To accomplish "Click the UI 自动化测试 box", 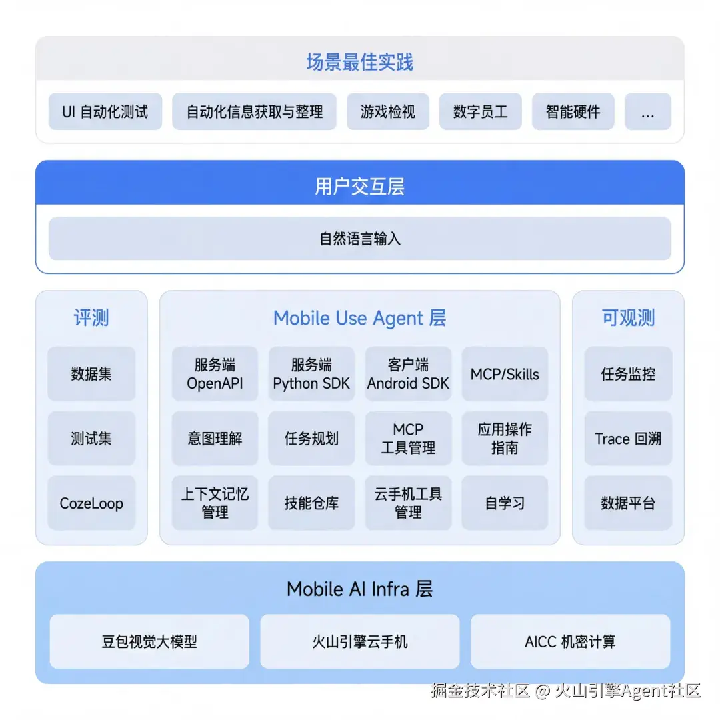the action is pos(105,111).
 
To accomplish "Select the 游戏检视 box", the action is pos(388,111).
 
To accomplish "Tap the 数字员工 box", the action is pos(480,111).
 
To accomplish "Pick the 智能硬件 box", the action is pos(573,111).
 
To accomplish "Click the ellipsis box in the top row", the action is pos(648,111).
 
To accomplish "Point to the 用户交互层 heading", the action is pos(360,187).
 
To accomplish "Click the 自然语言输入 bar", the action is pos(360,239).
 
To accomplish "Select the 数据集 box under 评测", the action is pos(91,374).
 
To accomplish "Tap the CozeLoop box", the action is pos(91,503).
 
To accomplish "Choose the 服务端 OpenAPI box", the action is pos(215,374).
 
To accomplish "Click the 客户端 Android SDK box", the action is pos(408,374).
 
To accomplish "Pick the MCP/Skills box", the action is pos(505,374).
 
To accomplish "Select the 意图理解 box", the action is pos(215,439).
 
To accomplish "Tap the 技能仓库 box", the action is pos(311,503).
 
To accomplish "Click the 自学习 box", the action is pos(505,503).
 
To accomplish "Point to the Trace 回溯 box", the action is pos(628,439).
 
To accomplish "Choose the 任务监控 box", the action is pos(628,374).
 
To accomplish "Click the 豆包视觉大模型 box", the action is pos(149,641).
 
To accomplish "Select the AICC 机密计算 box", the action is pos(570,641).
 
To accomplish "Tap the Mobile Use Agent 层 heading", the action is pos(359,318).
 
